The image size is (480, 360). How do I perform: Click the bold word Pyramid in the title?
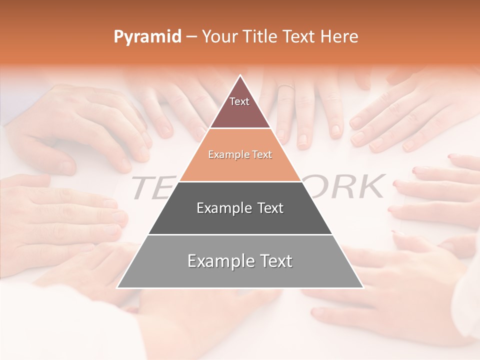(x=147, y=37)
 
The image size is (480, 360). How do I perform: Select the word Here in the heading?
(x=339, y=37)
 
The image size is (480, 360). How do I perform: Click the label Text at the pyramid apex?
(x=239, y=101)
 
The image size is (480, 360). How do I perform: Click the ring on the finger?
(x=285, y=87)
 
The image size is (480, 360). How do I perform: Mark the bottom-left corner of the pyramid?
(x=117, y=287)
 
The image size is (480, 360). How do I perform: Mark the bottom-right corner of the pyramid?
(x=363, y=287)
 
